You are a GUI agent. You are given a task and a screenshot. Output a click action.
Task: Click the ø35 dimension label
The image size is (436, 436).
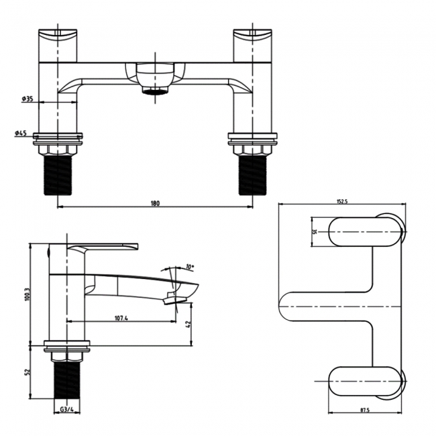[x=28, y=99]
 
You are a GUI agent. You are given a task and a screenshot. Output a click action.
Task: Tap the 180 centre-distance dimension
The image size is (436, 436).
[x=156, y=203]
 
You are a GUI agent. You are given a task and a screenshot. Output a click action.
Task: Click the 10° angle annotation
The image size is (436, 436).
[x=190, y=267]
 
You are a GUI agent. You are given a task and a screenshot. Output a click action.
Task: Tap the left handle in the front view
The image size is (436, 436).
[x=58, y=42]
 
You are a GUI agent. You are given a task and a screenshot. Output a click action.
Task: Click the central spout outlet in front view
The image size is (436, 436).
[x=156, y=89]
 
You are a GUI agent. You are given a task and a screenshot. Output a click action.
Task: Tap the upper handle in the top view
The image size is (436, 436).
[x=366, y=231]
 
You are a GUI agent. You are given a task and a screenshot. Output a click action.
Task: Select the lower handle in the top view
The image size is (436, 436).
[x=366, y=380]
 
